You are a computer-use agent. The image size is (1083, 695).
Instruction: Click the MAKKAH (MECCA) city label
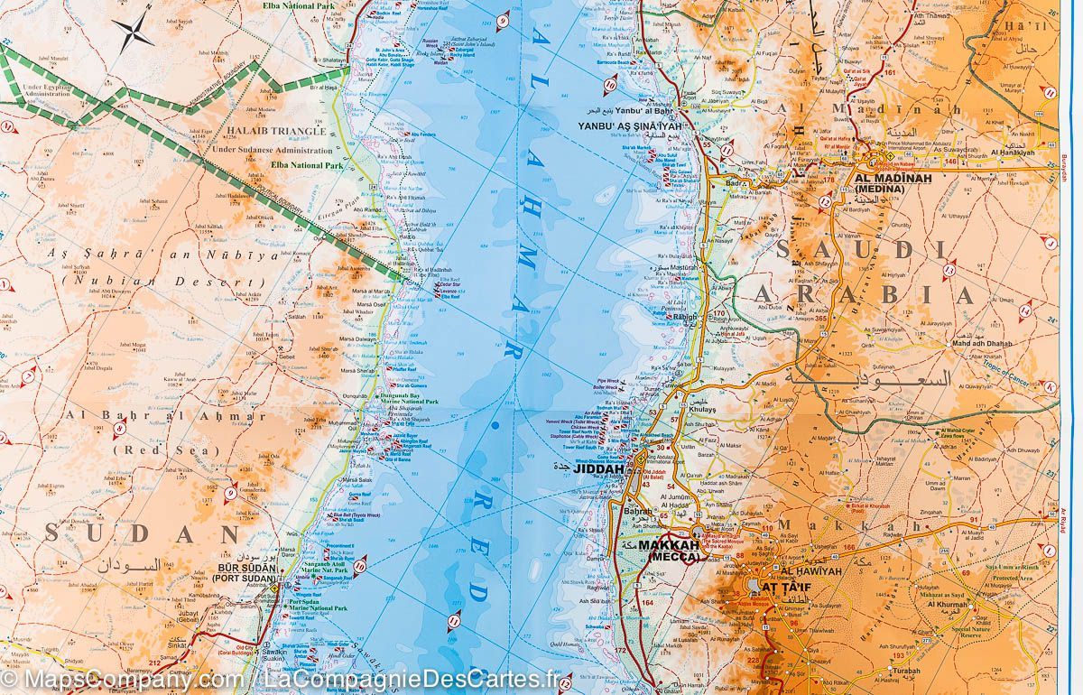669,551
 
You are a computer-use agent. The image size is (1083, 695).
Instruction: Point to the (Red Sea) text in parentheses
149,449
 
